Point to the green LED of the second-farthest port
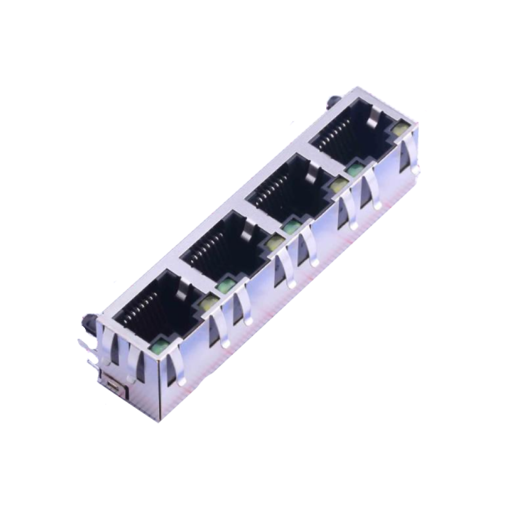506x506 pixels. coord(291,227)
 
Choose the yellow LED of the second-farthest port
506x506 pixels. coord(337,185)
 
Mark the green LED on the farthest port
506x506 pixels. coord(354,169)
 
